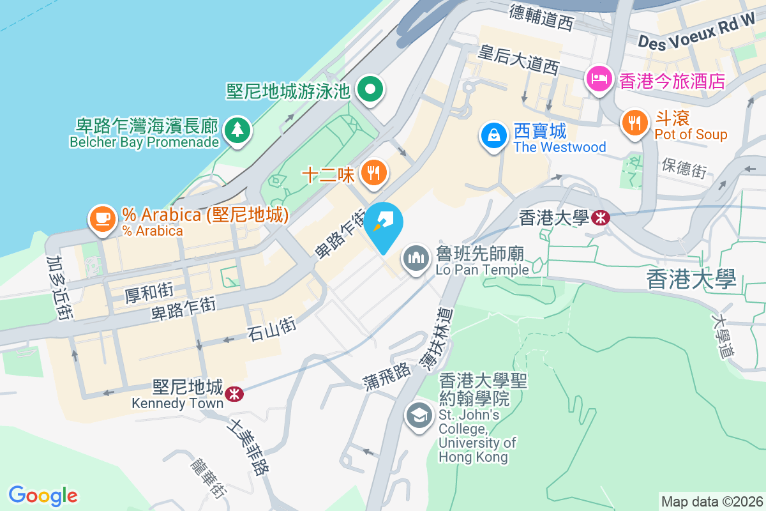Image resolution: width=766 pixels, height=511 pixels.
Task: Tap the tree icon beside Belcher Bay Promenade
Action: [x=237, y=130]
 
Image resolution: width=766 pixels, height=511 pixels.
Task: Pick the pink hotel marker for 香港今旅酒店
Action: [x=599, y=80]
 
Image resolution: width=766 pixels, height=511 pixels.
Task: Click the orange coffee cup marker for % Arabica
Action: [x=102, y=218]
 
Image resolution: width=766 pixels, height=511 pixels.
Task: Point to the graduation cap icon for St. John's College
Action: [x=419, y=416]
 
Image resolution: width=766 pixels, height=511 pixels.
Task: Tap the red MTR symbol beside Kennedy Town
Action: [x=235, y=393]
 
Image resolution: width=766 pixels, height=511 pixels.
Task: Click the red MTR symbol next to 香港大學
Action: [x=600, y=218]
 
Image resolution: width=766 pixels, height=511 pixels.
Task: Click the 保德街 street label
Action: [x=684, y=169]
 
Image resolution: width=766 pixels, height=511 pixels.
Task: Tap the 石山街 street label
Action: [x=273, y=329]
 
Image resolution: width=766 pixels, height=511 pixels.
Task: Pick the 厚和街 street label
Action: [x=149, y=293]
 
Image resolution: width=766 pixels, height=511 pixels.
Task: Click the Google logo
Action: [x=43, y=495]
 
